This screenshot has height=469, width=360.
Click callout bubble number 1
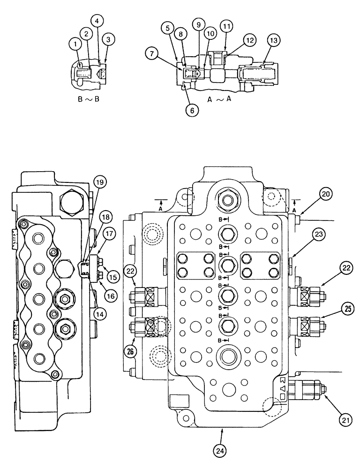coord(74,44)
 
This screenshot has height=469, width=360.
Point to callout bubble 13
coord(272,41)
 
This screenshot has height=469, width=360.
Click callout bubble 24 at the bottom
coord(220,451)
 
